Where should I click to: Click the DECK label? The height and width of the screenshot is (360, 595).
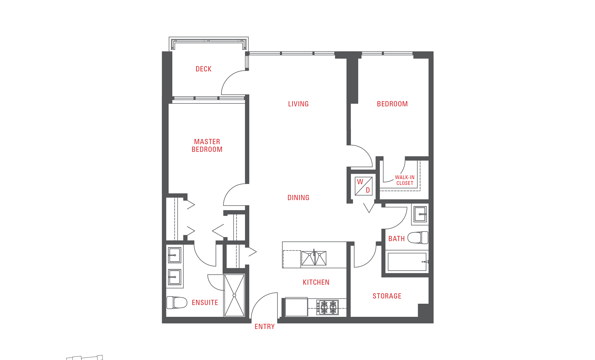pyautogui.click(x=204, y=69)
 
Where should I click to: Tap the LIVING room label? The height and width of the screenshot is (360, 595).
pyautogui.click(x=298, y=104)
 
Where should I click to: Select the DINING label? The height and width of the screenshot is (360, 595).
pyautogui.click(x=298, y=198)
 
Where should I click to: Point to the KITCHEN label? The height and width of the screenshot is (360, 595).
pyautogui.click(x=316, y=282)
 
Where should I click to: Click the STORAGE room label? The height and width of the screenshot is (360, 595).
pyautogui.click(x=387, y=296)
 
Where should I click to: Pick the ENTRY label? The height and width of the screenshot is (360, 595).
pyautogui.click(x=265, y=326)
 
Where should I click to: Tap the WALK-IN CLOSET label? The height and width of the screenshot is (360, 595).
pyautogui.click(x=404, y=180)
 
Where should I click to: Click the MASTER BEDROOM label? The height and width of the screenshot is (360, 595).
pyautogui.click(x=207, y=146)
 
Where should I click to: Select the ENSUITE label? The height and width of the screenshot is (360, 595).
pyautogui.click(x=205, y=303)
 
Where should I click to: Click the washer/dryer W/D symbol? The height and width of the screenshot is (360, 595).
pyautogui.click(x=364, y=186)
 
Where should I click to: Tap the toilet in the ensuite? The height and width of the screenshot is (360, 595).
pyautogui.click(x=177, y=302)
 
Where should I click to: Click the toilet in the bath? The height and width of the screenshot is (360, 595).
pyautogui.click(x=418, y=238)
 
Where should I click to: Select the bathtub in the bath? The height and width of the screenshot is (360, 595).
pyautogui.click(x=407, y=262)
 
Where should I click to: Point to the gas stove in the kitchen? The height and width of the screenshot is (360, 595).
pyautogui.click(x=328, y=307)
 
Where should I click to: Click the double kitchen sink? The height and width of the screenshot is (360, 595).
pyautogui.click(x=314, y=258)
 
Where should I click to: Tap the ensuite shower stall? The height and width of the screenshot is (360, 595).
pyautogui.click(x=234, y=295)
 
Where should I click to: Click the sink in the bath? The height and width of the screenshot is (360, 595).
pyautogui.click(x=420, y=214)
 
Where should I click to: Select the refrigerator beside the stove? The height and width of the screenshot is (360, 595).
pyautogui.click(x=296, y=307)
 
